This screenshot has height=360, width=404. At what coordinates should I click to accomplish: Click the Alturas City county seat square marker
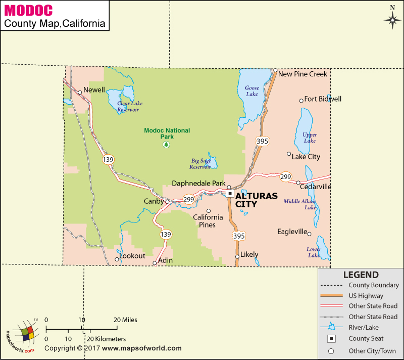[230, 193]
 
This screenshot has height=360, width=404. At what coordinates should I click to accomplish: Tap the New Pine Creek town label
[302, 74]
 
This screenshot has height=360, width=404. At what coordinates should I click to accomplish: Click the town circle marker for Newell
[80, 92]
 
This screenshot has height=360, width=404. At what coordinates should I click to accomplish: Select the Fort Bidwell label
[323, 99]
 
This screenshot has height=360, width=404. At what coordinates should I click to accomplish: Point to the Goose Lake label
[252, 91]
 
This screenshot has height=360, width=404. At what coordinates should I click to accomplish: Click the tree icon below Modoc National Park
[166, 145]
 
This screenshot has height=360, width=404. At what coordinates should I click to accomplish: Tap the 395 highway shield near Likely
[239, 236]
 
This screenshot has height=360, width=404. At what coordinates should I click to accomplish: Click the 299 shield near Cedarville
[286, 176]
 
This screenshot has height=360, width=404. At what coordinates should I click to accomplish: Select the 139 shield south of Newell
[108, 159]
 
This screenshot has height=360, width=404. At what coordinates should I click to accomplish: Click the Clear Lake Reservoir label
[129, 106]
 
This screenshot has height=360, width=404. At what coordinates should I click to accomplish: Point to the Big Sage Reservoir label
[200, 164]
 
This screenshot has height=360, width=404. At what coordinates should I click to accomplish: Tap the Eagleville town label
[292, 232]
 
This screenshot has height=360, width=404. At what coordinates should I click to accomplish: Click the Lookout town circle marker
[117, 259]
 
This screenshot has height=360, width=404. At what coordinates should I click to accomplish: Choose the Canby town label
[154, 201]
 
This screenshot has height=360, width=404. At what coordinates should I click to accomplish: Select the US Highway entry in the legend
[366, 296]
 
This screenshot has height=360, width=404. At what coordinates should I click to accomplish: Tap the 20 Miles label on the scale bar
[125, 320]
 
